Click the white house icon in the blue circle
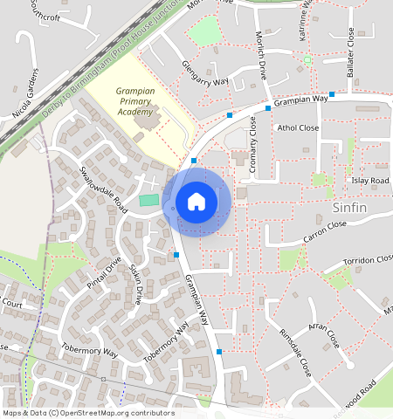(x=196, y=203)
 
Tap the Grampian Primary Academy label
(x=134, y=101)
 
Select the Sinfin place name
(x=351, y=208)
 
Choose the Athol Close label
(x=298, y=127)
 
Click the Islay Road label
(x=369, y=180)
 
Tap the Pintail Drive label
(x=104, y=274)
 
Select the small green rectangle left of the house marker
(x=149, y=202)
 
